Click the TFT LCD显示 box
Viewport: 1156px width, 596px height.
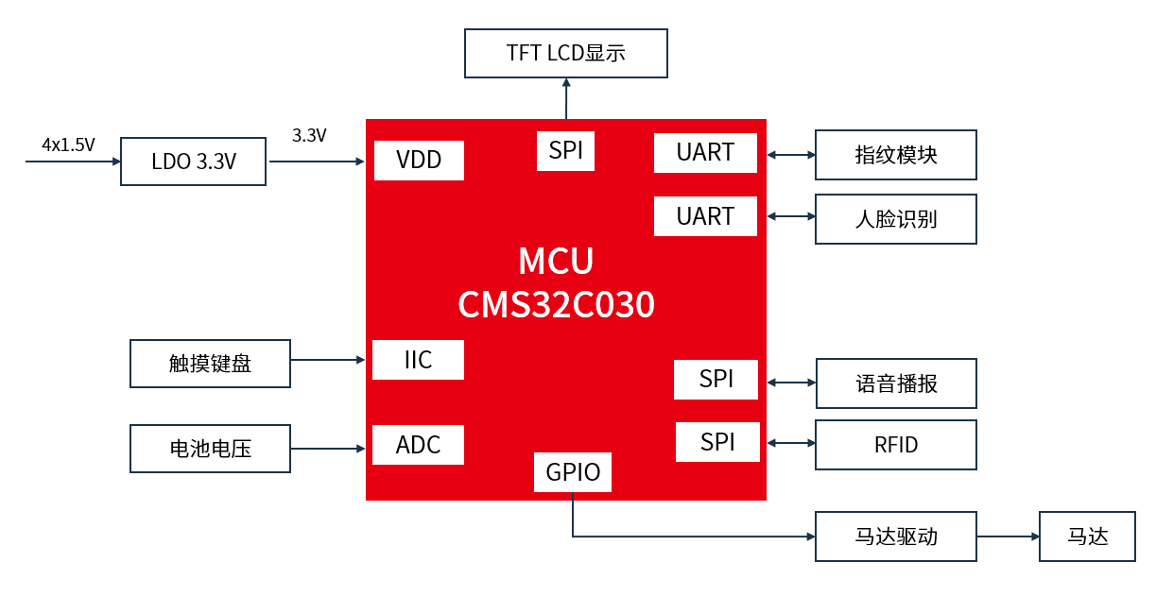(566, 53)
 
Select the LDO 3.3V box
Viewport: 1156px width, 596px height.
(194, 162)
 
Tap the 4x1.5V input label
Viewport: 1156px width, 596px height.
(68, 145)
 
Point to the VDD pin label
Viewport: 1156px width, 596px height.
(419, 160)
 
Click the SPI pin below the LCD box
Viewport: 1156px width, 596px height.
(565, 151)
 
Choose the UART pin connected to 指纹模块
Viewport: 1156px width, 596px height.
(705, 153)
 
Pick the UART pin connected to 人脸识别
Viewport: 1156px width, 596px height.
(705, 216)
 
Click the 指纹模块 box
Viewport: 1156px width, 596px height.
(895, 155)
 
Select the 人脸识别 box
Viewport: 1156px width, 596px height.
(895, 219)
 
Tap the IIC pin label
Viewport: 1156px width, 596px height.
(418, 360)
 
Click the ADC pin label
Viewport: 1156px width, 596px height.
(418, 445)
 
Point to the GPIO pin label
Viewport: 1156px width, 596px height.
(573, 472)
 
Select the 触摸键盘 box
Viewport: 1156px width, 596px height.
(210, 364)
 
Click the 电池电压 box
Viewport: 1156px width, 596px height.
(210, 449)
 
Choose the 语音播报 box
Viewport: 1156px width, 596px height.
(896, 383)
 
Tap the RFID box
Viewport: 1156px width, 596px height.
(895, 445)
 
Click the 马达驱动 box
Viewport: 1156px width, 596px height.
(895, 536)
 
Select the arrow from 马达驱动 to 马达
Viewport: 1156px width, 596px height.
(1008, 536)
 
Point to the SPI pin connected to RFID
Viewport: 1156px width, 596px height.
(717, 442)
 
